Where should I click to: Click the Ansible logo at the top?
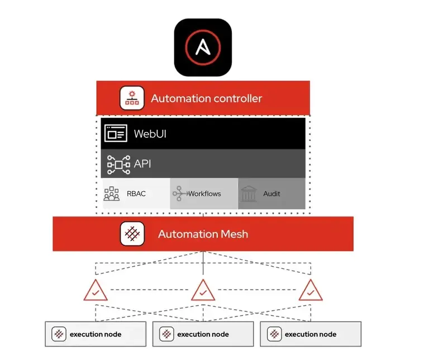point(203,47)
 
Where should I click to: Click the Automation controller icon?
point(132,98)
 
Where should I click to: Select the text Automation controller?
point(206,99)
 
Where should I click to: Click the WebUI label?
point(150,134)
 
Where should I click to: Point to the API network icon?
point(118,164)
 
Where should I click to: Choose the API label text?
point(142,164)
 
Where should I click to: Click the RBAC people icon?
point(112,194)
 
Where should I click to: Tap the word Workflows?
point(204,194)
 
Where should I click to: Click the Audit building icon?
point(249,194)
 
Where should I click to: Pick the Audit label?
point(272,194)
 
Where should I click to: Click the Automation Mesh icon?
point(132,234)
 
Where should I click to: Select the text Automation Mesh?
point(203,234)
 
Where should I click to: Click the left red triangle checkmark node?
point(96,291)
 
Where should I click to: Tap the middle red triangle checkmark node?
point(203,291)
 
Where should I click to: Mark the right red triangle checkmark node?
point(310,291)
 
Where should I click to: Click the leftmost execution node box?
point(96,334)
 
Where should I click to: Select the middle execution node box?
point(203,334)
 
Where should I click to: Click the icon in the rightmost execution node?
point(274,334)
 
